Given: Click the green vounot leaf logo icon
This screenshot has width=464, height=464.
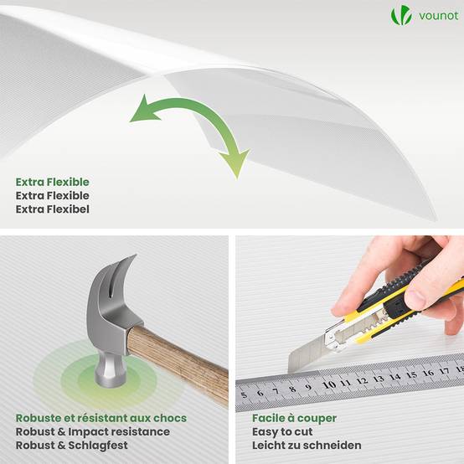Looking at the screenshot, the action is [x=401, y=15].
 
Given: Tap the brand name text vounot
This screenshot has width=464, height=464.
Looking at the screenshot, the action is [x=439, y=16].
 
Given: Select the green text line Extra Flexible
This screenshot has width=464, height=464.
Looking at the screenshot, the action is [x=53, y=182].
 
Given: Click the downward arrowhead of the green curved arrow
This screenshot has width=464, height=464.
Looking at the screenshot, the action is [x=235, y=163].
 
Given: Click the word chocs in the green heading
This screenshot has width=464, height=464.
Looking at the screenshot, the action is [x=170, y=418].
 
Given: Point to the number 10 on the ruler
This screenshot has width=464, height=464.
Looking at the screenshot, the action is [x=329, y=384].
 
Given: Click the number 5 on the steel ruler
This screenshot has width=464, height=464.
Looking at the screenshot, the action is [x=244, y=395].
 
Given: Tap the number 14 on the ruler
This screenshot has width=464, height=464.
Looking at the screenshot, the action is [x=395, y=377].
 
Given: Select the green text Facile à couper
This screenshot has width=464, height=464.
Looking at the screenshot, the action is [x=295, y=418].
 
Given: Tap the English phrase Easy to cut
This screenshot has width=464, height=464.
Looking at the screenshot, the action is [x=282, y=432].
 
